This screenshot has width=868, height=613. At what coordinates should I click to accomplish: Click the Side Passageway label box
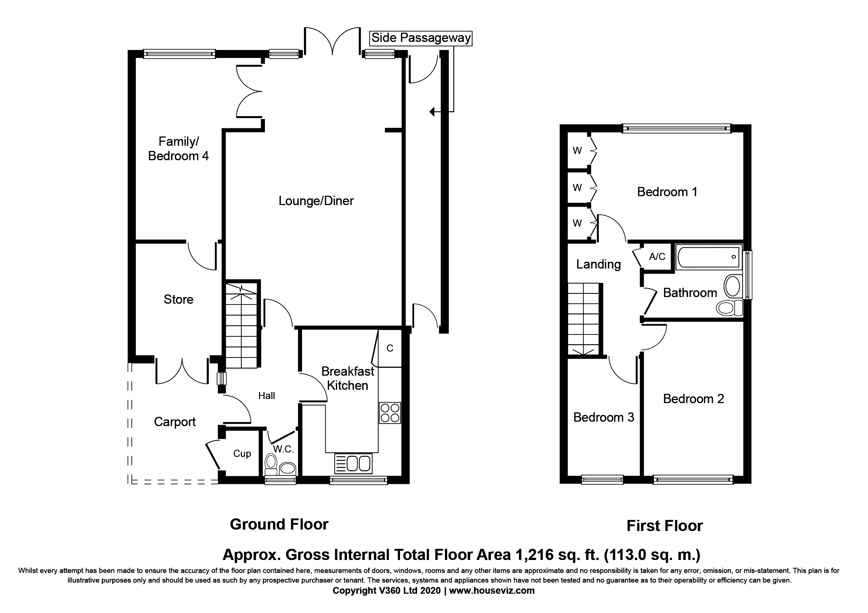click(x=421, y=38)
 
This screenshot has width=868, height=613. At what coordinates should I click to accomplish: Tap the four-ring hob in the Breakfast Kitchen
click(x=390, y=413)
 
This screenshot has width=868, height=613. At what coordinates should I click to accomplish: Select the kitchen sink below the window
click(x=353, y=464)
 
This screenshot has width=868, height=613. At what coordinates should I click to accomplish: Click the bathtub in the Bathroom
click(x=708, y=257)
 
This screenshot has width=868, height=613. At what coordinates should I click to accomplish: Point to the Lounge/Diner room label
click(x=316, y=201)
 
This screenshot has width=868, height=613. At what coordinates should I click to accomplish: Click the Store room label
click(x=178, y=300)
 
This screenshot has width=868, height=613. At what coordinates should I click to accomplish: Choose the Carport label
click(x=175, y=422)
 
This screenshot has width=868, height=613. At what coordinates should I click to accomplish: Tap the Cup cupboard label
click(x=242, y=454)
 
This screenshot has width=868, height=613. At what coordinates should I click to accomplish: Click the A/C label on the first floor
click(x=657, y=257)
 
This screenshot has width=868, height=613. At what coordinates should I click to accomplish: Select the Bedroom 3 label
click(x=603, y=417)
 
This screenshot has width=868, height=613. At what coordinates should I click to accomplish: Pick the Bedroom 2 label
click(x=693, y=399)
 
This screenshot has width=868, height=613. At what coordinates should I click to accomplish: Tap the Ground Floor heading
click(x=279, y=524)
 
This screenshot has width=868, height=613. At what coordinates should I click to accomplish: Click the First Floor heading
click(x=665, y=526)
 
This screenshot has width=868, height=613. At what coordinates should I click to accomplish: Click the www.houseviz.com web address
click(x=492, y=590)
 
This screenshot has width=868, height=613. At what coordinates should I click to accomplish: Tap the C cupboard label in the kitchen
click(x=390, y=348)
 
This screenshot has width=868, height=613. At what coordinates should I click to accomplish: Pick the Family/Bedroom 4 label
click(x=178, y=149)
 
